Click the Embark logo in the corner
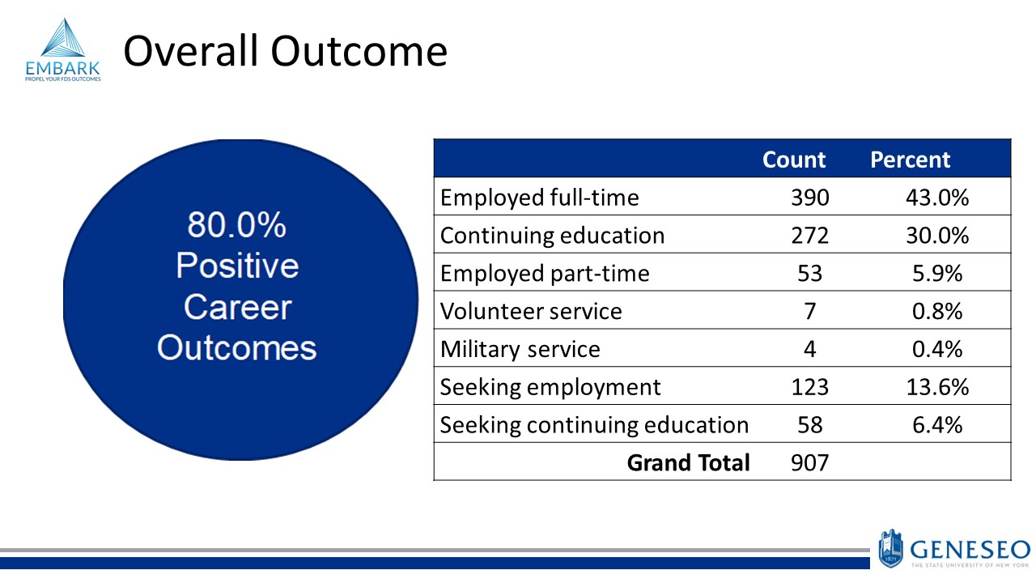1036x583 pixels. [x=62, y=50]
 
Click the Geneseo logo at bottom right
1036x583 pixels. [x=953, y=548]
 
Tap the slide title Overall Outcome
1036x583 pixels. [x=285, y=51]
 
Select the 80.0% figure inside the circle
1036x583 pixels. [x=236, y=225]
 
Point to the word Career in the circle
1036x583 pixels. [x=236, y=307]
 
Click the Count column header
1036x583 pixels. [x=794, y=160]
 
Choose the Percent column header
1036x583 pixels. [x=910, y=160]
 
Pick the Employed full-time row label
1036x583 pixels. [x=539, y=198]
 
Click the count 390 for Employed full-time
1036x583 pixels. [x=810, y=198]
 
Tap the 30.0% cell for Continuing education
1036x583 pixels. [x=936, y=236]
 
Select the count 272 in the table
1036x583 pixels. [x=810, y=236]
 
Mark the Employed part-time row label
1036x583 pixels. [x=545, y=274]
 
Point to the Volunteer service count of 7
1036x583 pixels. [x=810, y=311]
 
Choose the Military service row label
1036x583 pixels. [x=520, y=349]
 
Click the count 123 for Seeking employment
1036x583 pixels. [x=810, y=387]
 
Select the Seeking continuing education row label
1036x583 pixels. [x=594, y=425]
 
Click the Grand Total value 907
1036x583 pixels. [x=810, y=463]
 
